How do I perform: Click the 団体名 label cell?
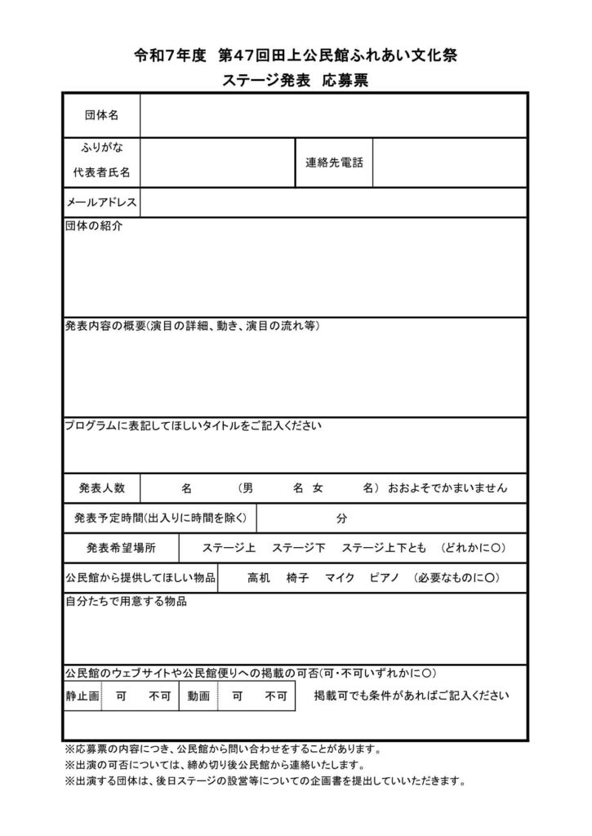(102, 115)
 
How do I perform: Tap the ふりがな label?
(101, 147)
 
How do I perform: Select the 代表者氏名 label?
(101, 172)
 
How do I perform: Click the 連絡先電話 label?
(334, 162)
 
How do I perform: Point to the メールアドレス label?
(102, 202)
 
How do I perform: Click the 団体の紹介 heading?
(93, 226)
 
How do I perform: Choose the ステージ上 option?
(229, 547)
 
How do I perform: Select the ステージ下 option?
(299, 547)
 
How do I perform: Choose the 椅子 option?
(297, 577)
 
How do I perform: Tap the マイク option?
(339, 577)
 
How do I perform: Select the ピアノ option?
(384, 577)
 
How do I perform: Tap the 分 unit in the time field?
(341, 518)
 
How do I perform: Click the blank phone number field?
(449, 162)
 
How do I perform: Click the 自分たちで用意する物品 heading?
(126, 602)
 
